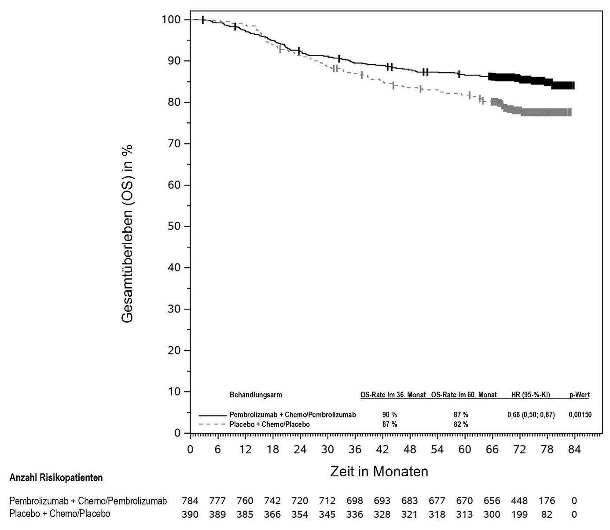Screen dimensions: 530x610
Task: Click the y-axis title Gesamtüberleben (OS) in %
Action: tap(127, 234)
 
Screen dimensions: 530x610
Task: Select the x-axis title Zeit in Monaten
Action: tap(379, 472)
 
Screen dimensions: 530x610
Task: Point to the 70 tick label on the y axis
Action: tap(172, 143)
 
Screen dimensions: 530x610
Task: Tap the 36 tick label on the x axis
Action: tap(355, 450)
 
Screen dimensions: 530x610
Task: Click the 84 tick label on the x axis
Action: tap(574, 450)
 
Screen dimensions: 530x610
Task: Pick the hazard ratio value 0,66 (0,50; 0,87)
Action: tap(531, 415)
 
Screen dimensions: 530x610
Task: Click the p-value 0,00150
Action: tap(580, 415)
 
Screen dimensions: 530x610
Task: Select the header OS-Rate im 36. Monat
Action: tap(393, 395)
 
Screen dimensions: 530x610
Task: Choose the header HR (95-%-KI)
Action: tap(530, 395)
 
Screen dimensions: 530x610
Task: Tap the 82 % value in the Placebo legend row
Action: tap(461, 424)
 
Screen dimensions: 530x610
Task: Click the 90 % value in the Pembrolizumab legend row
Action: tap(390, 415)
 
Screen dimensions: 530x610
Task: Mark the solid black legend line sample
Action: tap(213, 415)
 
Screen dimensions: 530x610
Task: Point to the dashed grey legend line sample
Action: tap(213, 424)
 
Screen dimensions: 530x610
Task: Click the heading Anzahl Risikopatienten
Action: tap(56, 478)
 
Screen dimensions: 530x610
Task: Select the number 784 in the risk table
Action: tap(190, 501)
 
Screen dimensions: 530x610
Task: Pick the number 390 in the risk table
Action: tap(190, 514)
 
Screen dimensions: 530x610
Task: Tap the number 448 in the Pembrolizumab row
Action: tap(519, 501)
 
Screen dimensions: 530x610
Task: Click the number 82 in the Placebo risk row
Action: tap(547, 514)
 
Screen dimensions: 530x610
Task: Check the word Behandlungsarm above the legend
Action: tap(256, 395)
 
